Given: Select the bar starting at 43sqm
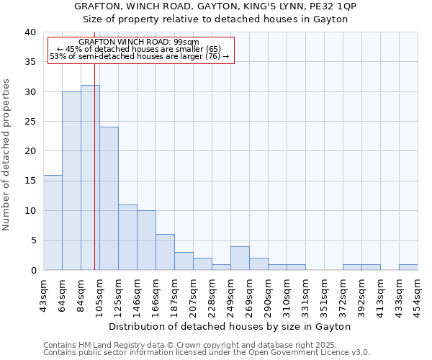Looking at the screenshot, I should point(53,222).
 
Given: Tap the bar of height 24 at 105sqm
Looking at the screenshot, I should point(109,199).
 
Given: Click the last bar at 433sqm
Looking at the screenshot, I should point(408,267).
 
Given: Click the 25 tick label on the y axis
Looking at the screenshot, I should point(30,122).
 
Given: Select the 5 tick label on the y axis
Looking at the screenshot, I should point(33,240).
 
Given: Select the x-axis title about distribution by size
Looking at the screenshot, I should point(230,326).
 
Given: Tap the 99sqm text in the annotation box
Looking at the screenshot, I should point(185,42).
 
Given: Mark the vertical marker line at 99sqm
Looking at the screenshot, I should point(94,166).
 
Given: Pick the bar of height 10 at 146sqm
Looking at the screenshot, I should point(146,240).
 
